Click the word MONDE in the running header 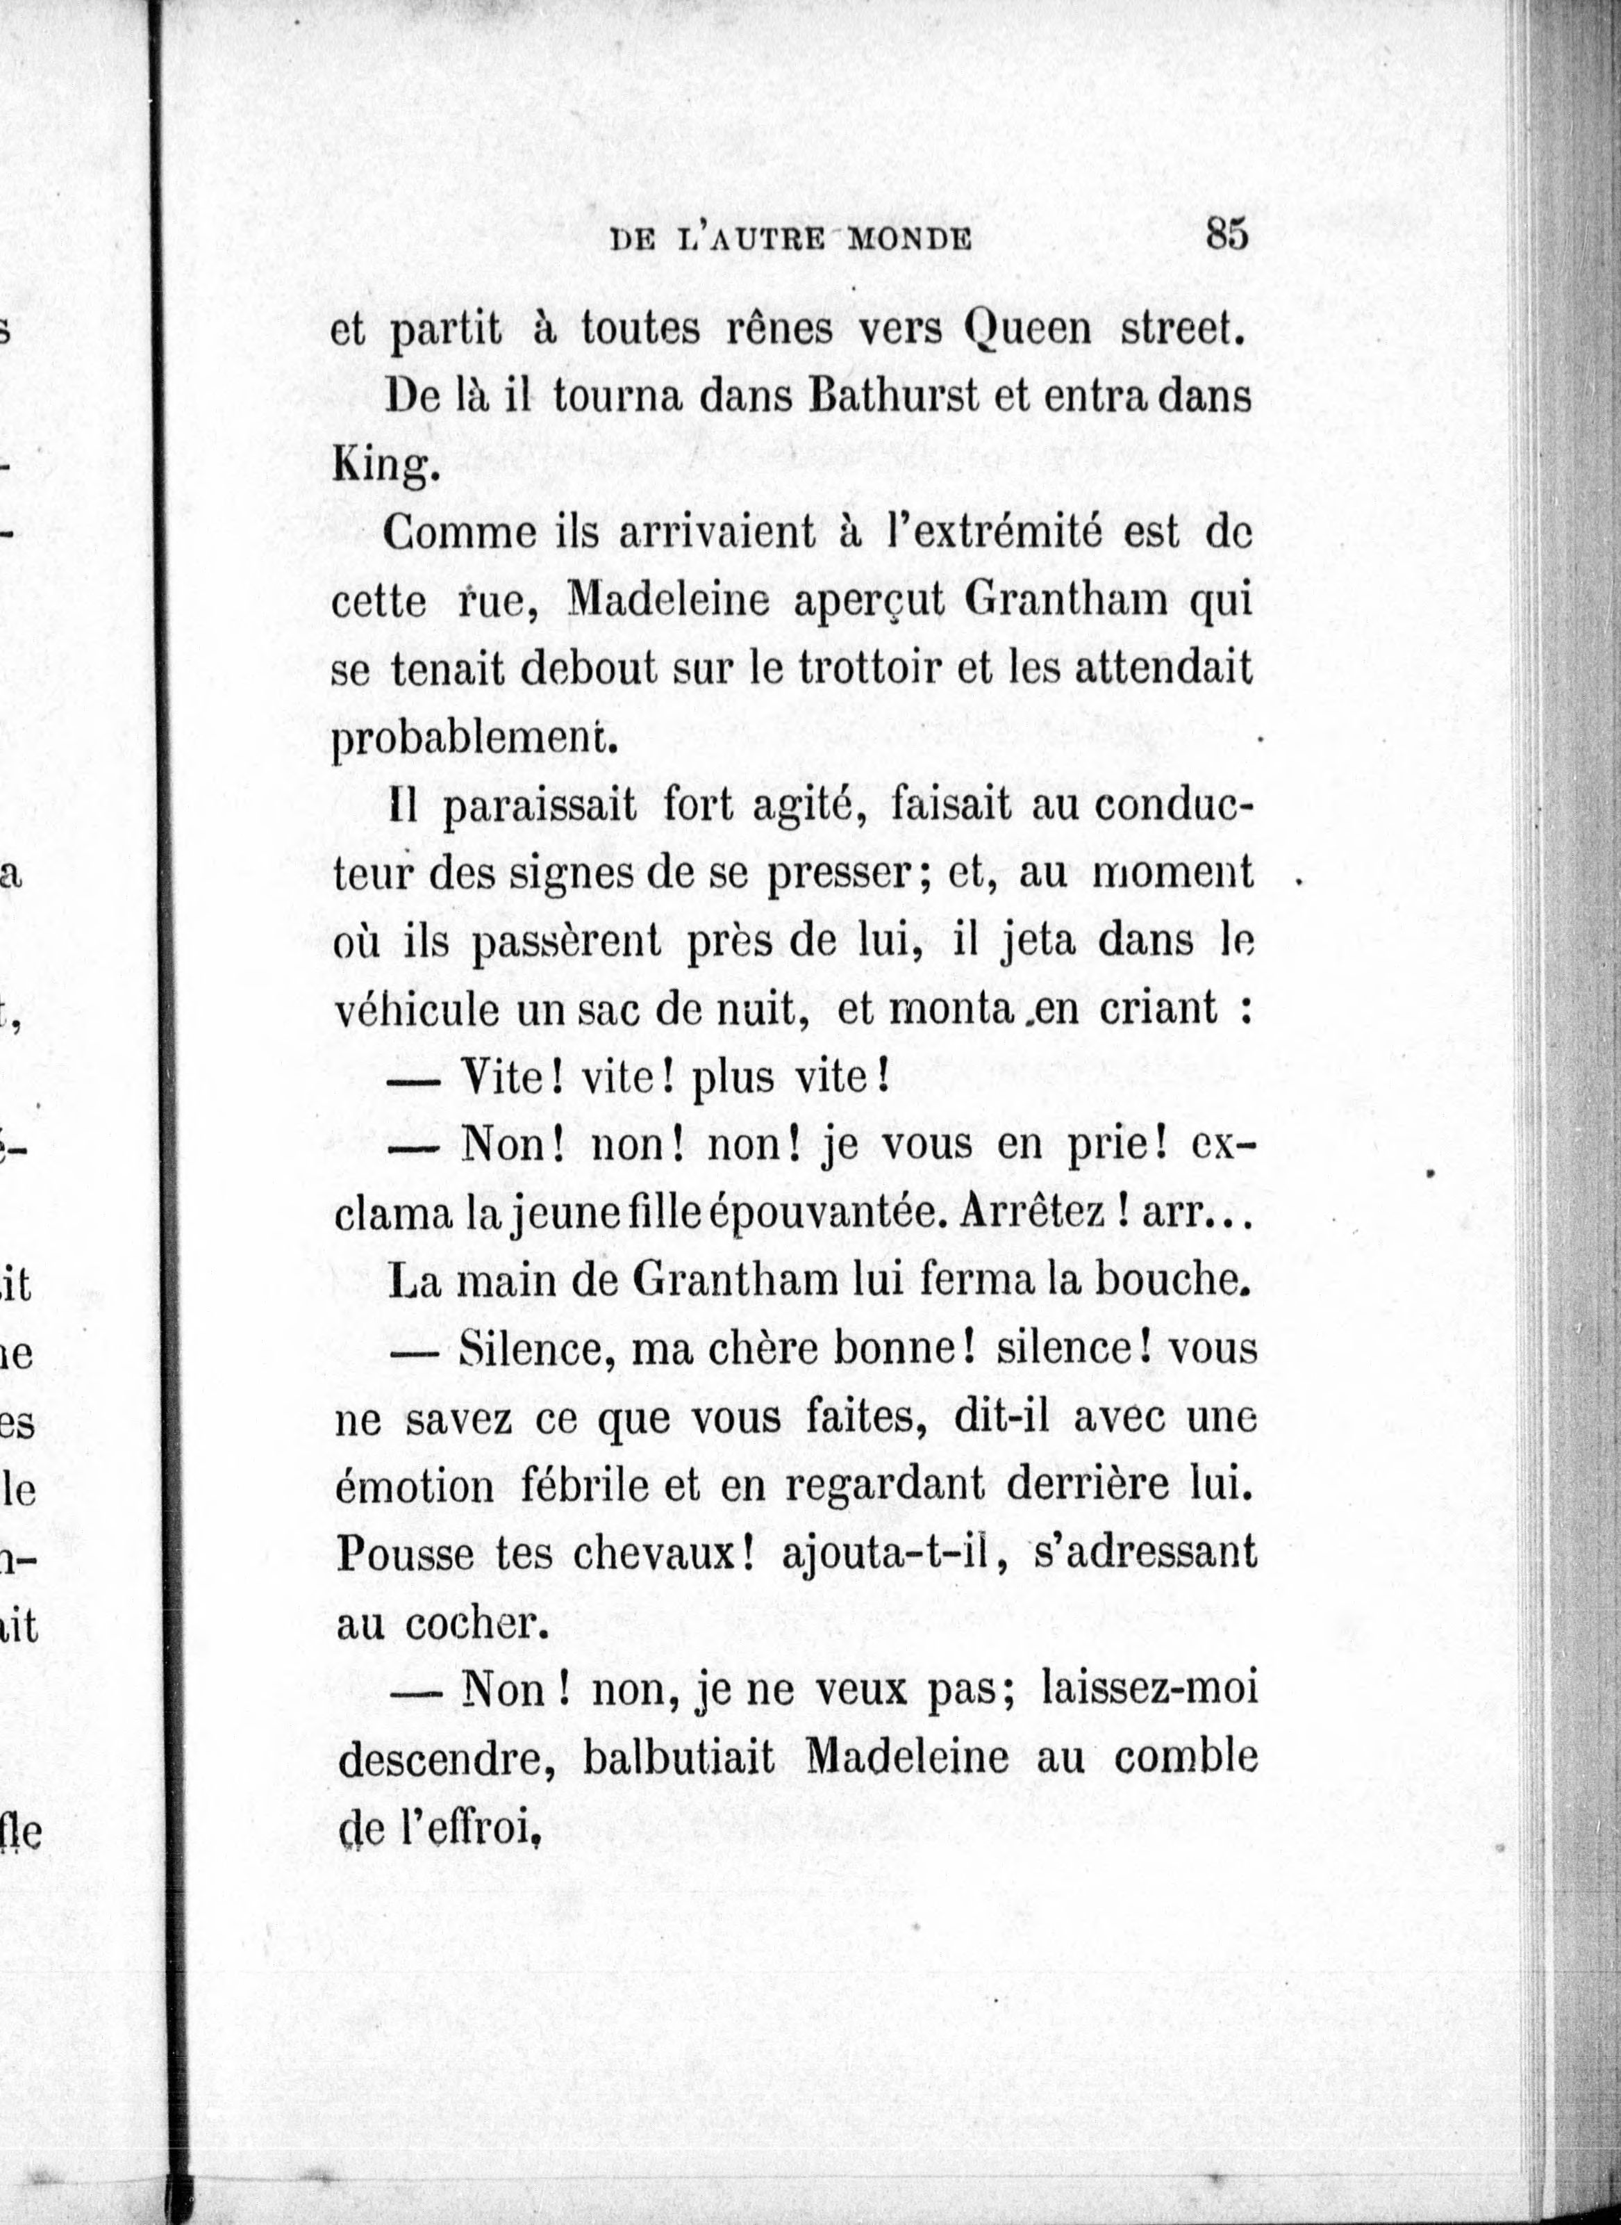tap(908, 240)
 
